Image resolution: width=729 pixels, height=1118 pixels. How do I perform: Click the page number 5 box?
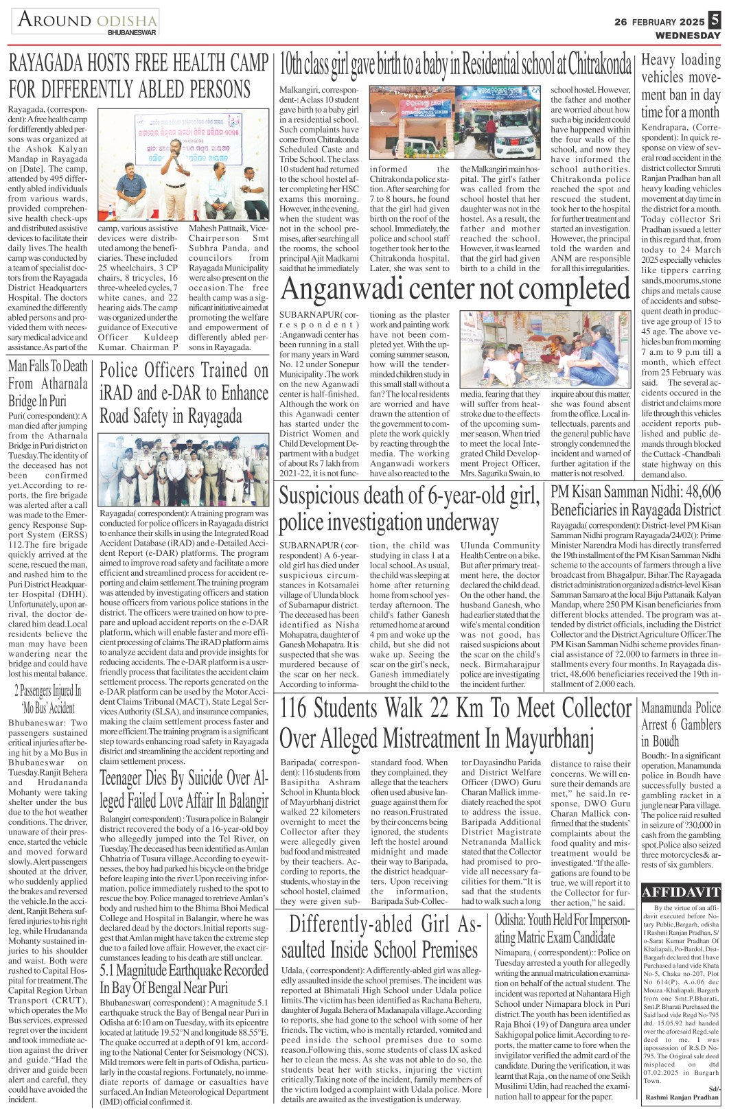click(715, 21)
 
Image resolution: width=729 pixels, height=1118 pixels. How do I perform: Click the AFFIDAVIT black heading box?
click(681, 893)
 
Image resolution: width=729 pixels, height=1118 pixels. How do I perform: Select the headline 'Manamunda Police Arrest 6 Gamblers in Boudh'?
click(680, 724)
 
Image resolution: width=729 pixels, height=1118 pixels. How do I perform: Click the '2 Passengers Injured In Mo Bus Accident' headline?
click(48, 699)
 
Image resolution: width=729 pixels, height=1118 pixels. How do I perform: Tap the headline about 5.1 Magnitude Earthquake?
click(184, 979)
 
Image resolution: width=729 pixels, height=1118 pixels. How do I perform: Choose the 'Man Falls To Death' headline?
click(48, 383)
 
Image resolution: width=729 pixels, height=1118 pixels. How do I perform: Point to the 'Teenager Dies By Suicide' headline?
click(184, 789)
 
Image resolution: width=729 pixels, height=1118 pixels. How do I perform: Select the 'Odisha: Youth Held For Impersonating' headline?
click(562, 929)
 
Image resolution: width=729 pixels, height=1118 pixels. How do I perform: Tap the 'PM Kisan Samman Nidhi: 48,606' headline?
click(636, 501)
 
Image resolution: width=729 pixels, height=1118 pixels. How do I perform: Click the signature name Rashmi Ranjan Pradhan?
click(682, 1097)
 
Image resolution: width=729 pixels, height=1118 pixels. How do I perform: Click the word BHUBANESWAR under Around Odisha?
click(132, 32)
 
